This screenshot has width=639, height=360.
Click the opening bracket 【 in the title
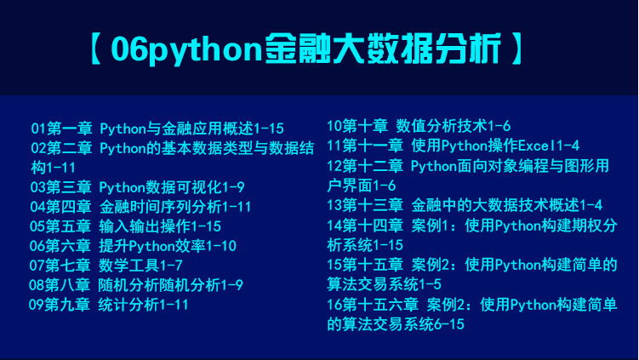[x=96, y=49]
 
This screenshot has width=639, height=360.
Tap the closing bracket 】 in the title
[x=516, y=49]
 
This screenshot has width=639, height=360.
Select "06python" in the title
[x=186, y=49]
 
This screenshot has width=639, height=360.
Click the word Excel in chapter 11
[x=537, y=146]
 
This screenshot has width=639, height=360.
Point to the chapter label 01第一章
[x=61, y=129]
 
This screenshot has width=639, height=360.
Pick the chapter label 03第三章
[x=60, y=187]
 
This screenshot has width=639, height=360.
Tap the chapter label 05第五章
[x=60, y=226]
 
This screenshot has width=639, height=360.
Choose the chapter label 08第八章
[x=60, y=285]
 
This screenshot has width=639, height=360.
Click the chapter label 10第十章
[x=357, y=126]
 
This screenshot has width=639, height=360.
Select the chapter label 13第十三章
[x=365, y=205]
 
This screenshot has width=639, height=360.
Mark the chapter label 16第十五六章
[x=373, y=305]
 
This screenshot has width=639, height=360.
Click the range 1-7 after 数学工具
[x=171, y=266]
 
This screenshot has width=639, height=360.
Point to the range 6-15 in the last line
[x=449, y=324]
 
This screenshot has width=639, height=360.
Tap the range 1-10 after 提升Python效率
[x=221, y=246]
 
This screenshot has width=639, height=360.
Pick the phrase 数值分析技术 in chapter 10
[x=442, y=126]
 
